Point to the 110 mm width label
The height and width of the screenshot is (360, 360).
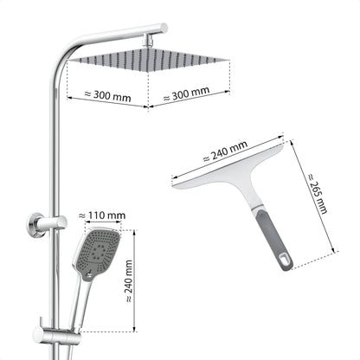coord(101,215)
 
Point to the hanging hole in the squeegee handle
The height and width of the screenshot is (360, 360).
coord(283,259)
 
